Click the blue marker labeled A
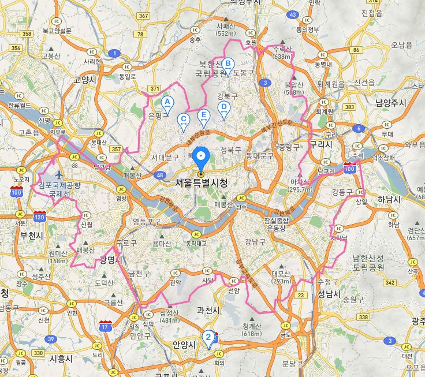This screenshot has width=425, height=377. (166, 103)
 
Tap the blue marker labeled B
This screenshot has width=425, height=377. (228, 64)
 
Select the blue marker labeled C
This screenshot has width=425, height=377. (183, 120)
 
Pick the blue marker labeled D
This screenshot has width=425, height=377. (223, 107)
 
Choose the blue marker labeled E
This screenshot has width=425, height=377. (203, 115)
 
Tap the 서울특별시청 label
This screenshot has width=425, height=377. (200, 183)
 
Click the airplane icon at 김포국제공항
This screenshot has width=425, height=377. (58, 174)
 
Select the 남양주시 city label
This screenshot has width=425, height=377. (390, 103)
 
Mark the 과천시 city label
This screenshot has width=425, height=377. (208, 310)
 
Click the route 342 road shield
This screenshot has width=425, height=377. (389, 283)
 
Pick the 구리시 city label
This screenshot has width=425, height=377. (320, 145)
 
